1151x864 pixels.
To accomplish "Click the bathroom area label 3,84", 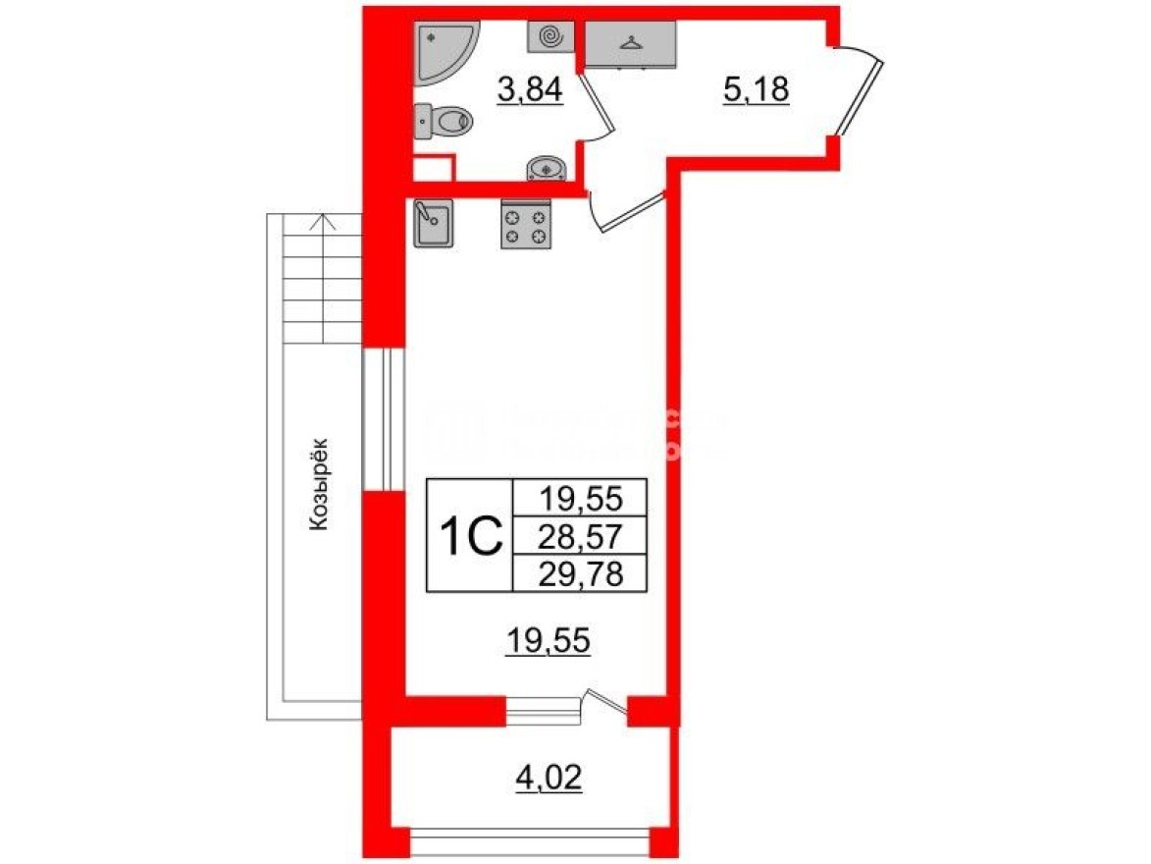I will tap(530, 91).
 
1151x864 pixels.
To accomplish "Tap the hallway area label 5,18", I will tap(757, 91).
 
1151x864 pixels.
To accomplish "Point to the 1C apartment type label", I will tap(470, 535).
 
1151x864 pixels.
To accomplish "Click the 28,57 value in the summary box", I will tap(580, 536).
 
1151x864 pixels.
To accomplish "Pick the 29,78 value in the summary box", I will tap(580, 571).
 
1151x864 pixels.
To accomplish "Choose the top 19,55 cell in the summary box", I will tap(580, 500).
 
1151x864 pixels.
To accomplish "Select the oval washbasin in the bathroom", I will tap(547, 169).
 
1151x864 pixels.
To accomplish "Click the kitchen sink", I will tap(432, 224).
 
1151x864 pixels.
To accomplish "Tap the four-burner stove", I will tap(526, 225).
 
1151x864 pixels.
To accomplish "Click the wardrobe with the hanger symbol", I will tap(630, 43).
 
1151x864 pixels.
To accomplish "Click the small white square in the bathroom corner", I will tap(432, 169).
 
